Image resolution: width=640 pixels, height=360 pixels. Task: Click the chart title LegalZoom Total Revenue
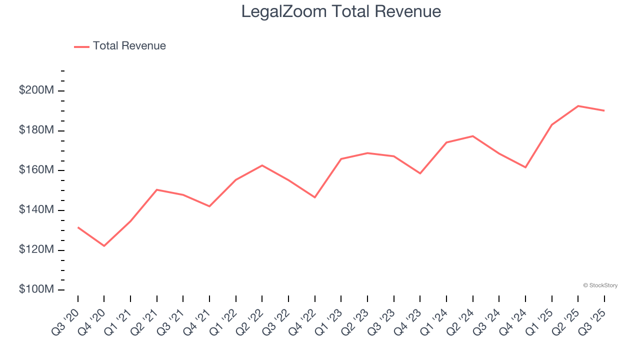point(341,11)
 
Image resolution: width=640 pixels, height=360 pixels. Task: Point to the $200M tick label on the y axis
point(37,90)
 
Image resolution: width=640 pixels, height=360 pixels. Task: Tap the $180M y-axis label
point(37,130)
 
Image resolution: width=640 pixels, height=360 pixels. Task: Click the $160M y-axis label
point(37,170)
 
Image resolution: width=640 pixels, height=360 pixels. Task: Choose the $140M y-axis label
point(37,210)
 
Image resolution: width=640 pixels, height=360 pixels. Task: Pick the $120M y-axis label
point(37,250)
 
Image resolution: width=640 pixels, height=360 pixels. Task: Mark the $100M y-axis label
point(37,290)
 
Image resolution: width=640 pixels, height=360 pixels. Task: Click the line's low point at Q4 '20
point(104,246)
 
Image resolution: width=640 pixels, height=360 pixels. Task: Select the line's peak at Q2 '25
point(578,106)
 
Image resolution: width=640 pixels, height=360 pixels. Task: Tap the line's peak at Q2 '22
point(262,165)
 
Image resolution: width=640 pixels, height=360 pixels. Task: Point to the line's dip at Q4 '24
point(525,167)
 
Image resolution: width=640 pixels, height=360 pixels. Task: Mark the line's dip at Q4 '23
point(420,173)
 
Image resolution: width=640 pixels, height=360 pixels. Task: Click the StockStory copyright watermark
point(600,285)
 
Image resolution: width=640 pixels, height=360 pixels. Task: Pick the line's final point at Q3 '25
point(604,110)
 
